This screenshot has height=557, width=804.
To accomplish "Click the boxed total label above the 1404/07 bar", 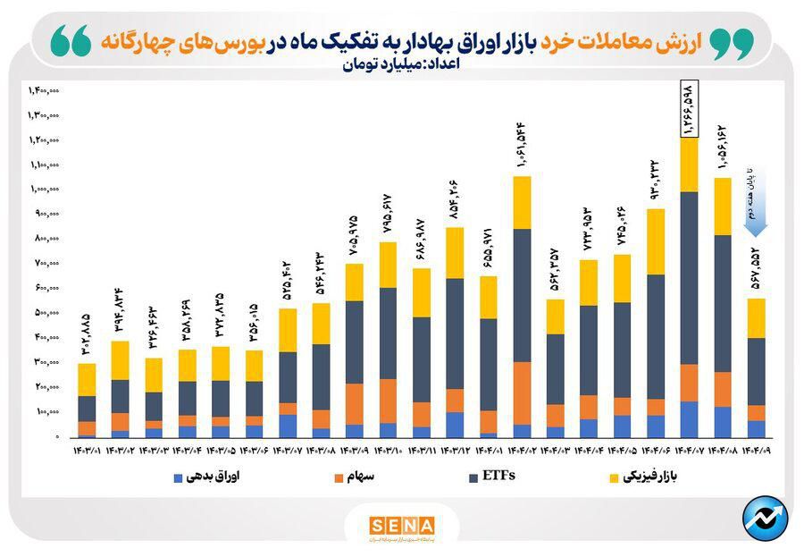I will (x=689, y=107).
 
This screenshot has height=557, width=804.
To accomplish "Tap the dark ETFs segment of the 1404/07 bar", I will (x=689, y=278).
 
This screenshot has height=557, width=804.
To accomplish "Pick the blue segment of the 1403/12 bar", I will (x=454, y=424).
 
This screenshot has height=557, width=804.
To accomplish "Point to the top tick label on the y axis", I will (x=44, y=90).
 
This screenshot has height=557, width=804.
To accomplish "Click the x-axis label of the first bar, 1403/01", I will (x=88, y=449).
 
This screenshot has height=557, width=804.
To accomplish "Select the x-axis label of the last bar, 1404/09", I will (x=756, y=449).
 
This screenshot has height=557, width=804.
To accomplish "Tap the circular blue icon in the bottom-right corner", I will (x=765, y=519).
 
